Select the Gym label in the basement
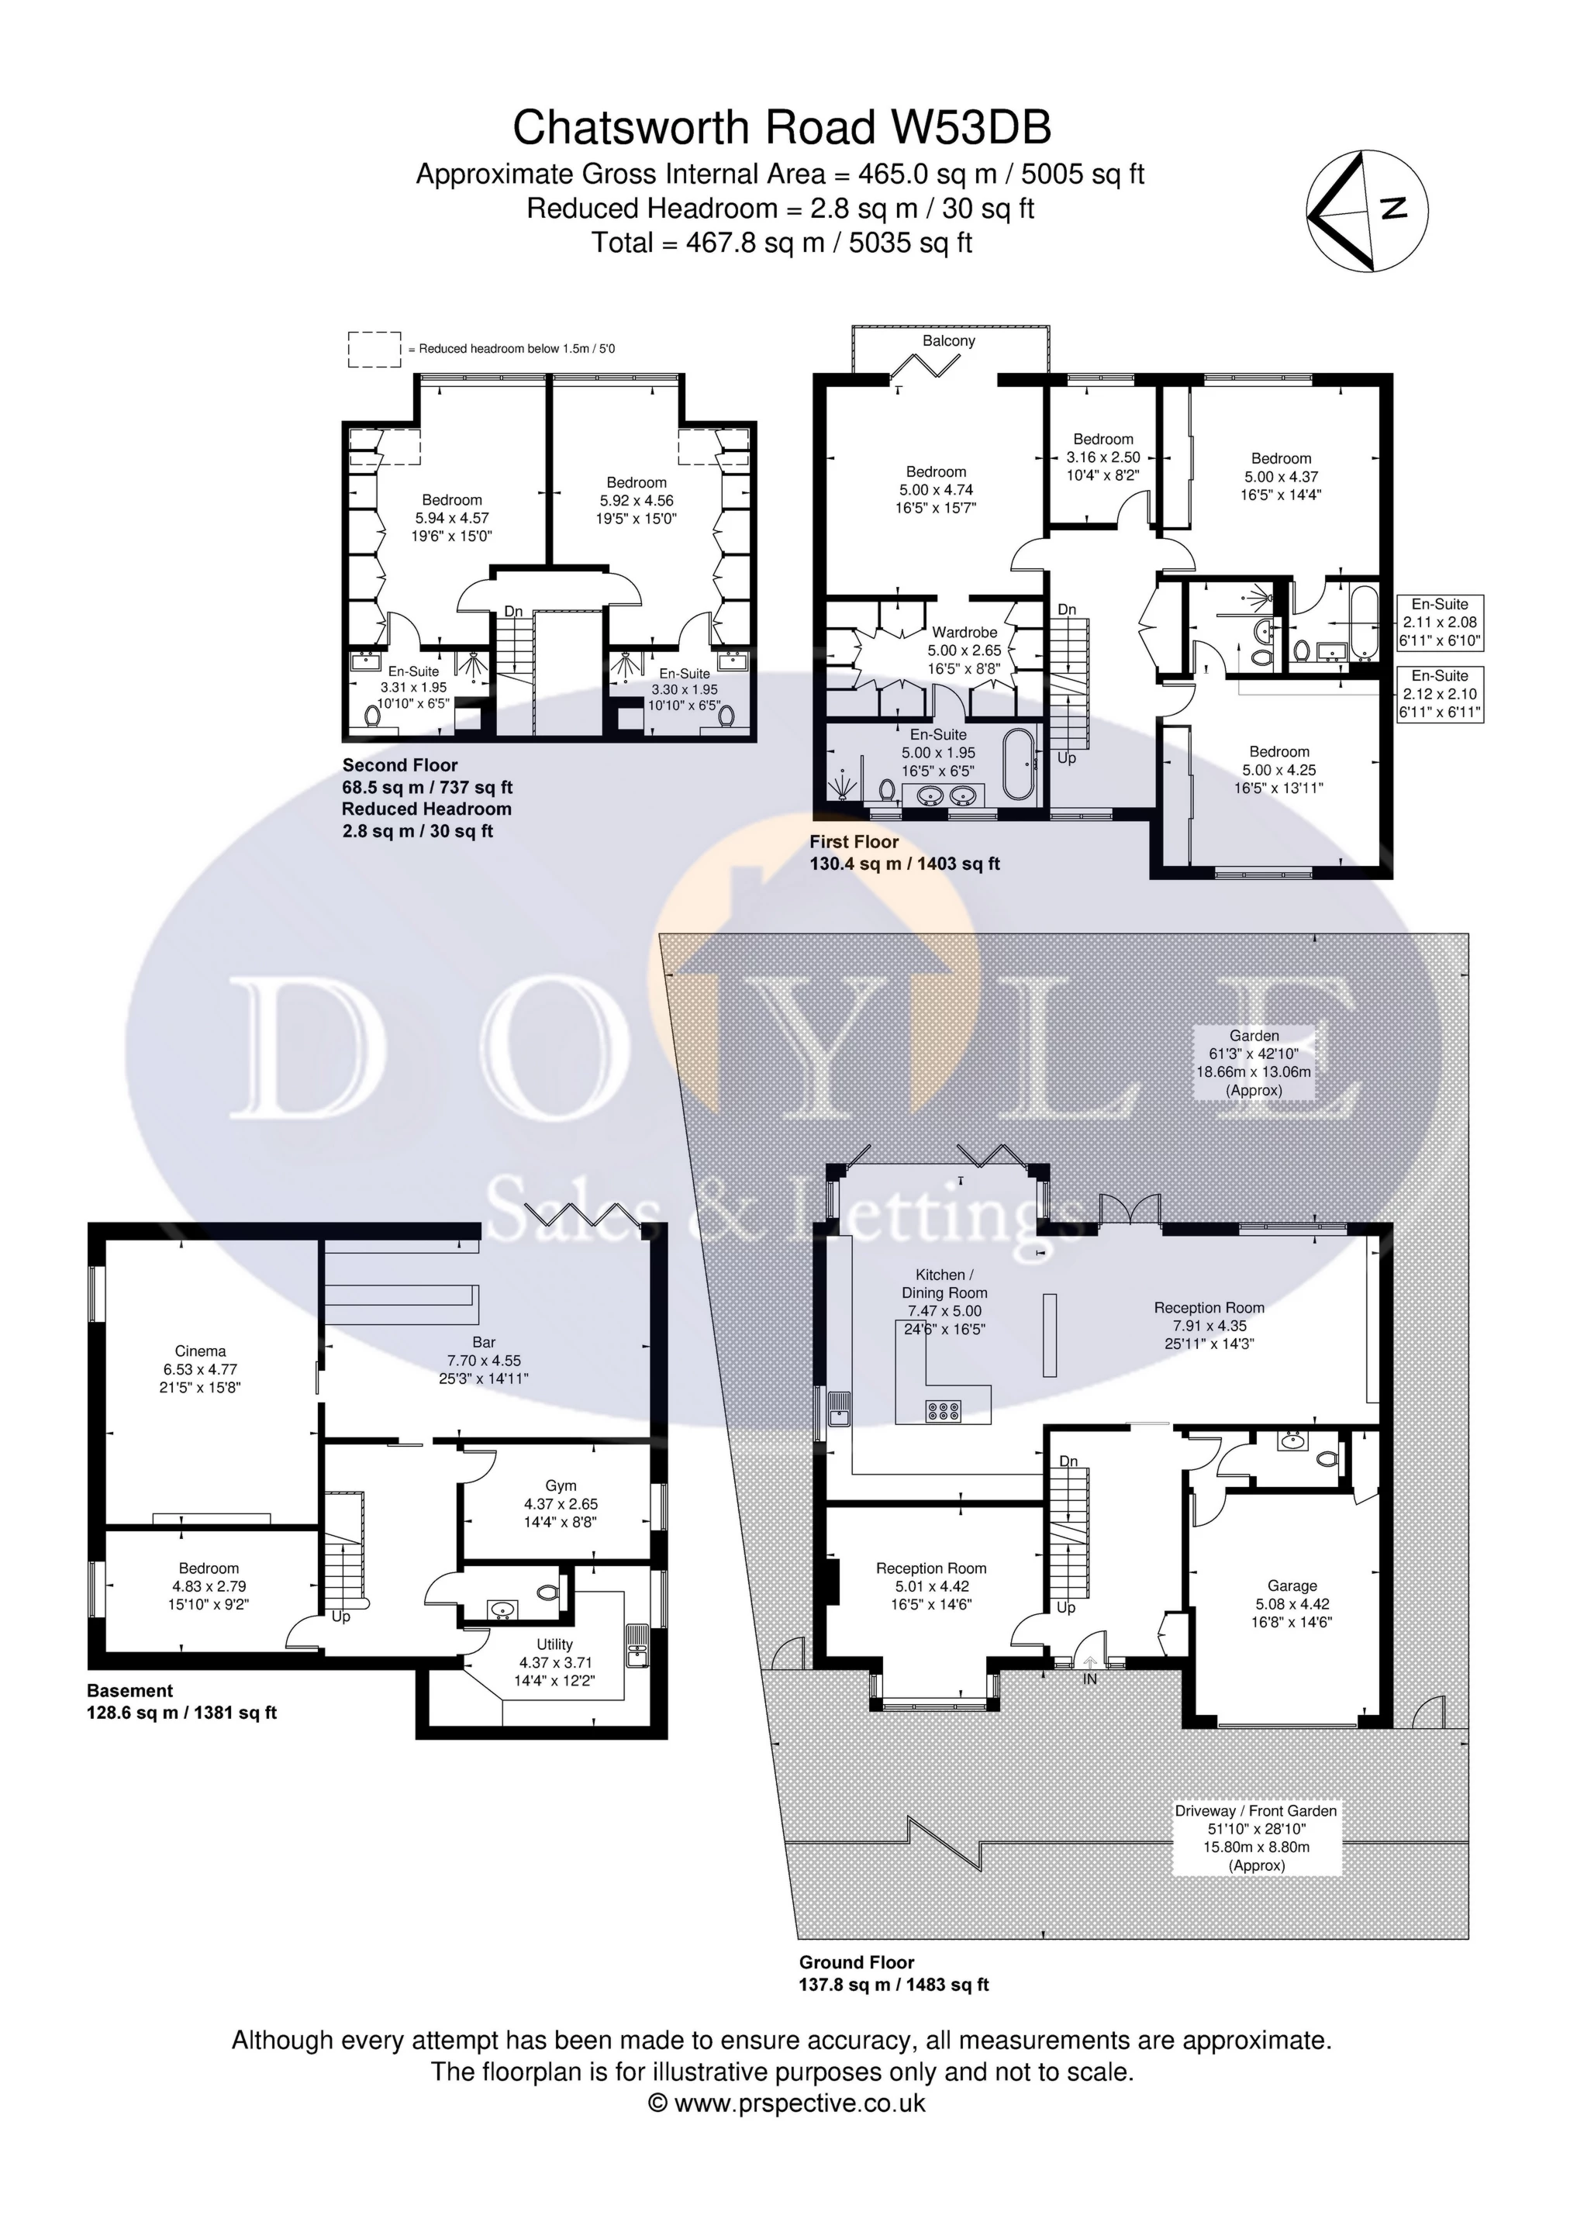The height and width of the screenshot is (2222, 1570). coord(561,1503)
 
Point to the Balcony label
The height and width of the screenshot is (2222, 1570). coord(948,340)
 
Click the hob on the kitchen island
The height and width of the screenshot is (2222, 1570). coord(943,1411)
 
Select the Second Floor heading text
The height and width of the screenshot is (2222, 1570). coord(400,764)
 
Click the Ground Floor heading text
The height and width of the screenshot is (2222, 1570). coord(856,1962)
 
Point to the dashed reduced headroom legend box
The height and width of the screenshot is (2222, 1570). coord(374,348)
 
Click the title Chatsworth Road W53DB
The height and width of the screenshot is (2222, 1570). coord(782,128)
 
